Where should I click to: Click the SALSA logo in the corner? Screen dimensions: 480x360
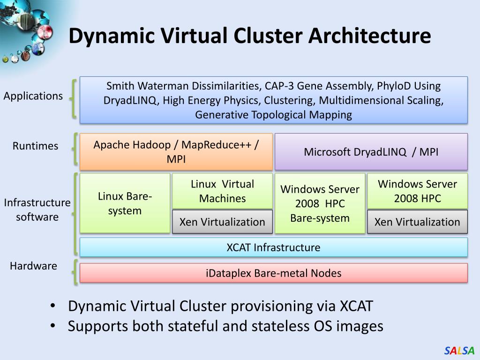click(x=459, y=351)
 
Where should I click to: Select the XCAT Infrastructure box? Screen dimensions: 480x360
click(x=273, y=247)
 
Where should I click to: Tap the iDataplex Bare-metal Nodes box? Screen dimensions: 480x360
click(x=273, y=273)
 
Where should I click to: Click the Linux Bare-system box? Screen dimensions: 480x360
click(x=125, y=203)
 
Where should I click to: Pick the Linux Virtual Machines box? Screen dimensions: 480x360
click(x=222, y=191)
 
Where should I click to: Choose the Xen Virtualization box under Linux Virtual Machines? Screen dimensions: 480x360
click(x=222, y=222)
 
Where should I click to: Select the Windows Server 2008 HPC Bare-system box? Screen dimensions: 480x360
click(x=320, y=203)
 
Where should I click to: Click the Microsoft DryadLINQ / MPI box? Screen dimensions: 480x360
click(x=371, y=151)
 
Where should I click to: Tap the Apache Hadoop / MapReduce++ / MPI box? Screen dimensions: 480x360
click(x=176, y=151)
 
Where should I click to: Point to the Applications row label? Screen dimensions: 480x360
click(x=33, y=96)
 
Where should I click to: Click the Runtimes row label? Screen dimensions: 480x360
click(x=35, y=146)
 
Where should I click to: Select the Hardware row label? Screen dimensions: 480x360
click(x=33, y=266)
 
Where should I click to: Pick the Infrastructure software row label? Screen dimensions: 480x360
click(x=37, y=210)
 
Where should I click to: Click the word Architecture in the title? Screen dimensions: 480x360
click(x=369, y=36)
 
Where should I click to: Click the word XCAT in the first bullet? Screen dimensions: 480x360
click(x=356, y=306)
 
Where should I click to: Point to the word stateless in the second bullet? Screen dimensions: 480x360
click(x=281, y=326)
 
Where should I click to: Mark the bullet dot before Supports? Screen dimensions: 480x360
click(x=53, y=325)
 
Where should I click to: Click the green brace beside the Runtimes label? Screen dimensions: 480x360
click(x=75, y=149)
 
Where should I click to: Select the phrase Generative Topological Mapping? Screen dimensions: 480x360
click(x=273, y=115)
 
